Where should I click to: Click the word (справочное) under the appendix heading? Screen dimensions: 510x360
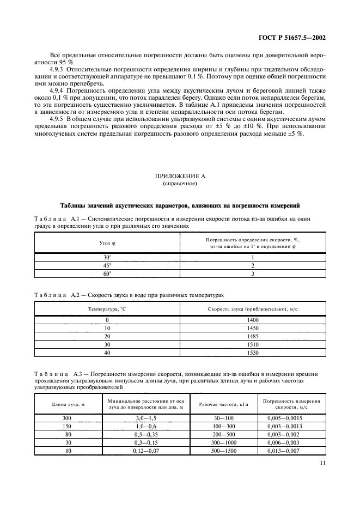180,184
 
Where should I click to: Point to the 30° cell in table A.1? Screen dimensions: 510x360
107,257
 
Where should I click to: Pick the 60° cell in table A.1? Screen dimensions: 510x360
107,274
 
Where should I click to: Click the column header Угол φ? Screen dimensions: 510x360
107,243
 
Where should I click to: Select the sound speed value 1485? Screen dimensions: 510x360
253,336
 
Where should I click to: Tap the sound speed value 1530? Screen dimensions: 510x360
253,353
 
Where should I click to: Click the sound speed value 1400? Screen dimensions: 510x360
253,320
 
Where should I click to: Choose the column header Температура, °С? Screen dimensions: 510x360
107,308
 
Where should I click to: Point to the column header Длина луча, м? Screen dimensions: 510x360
68,404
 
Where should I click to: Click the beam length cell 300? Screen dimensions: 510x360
68,417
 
